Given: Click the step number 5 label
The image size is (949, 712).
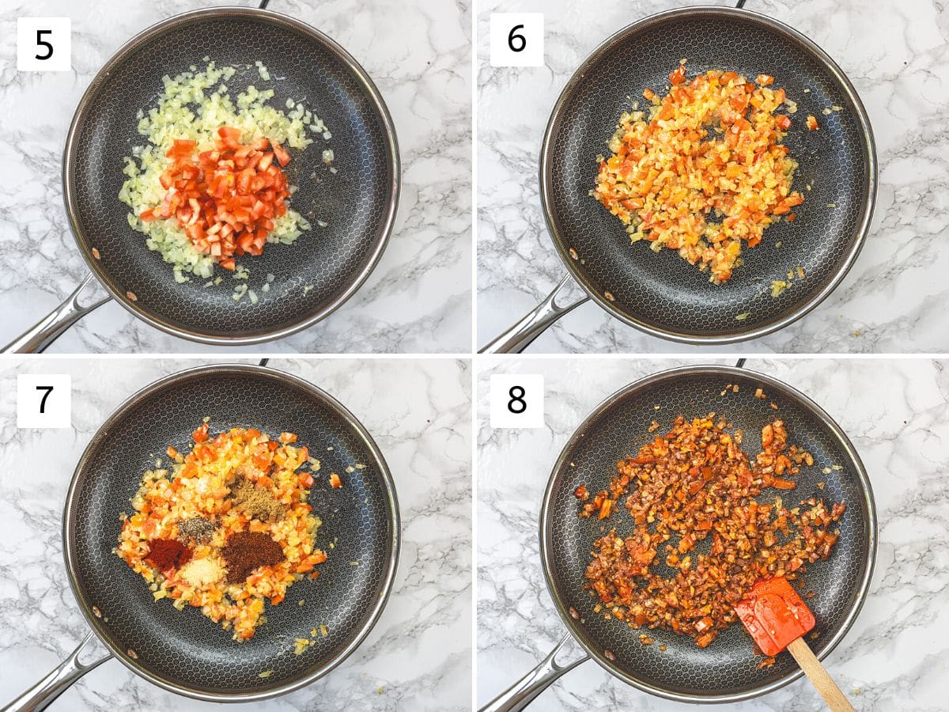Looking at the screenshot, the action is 43,44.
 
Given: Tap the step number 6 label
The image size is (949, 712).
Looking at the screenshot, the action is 516,40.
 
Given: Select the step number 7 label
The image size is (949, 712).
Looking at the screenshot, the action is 43,401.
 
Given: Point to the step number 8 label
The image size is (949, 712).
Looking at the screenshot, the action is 516,401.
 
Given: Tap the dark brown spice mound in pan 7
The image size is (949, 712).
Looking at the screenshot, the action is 253,555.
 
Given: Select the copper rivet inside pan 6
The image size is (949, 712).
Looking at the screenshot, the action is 609,297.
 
